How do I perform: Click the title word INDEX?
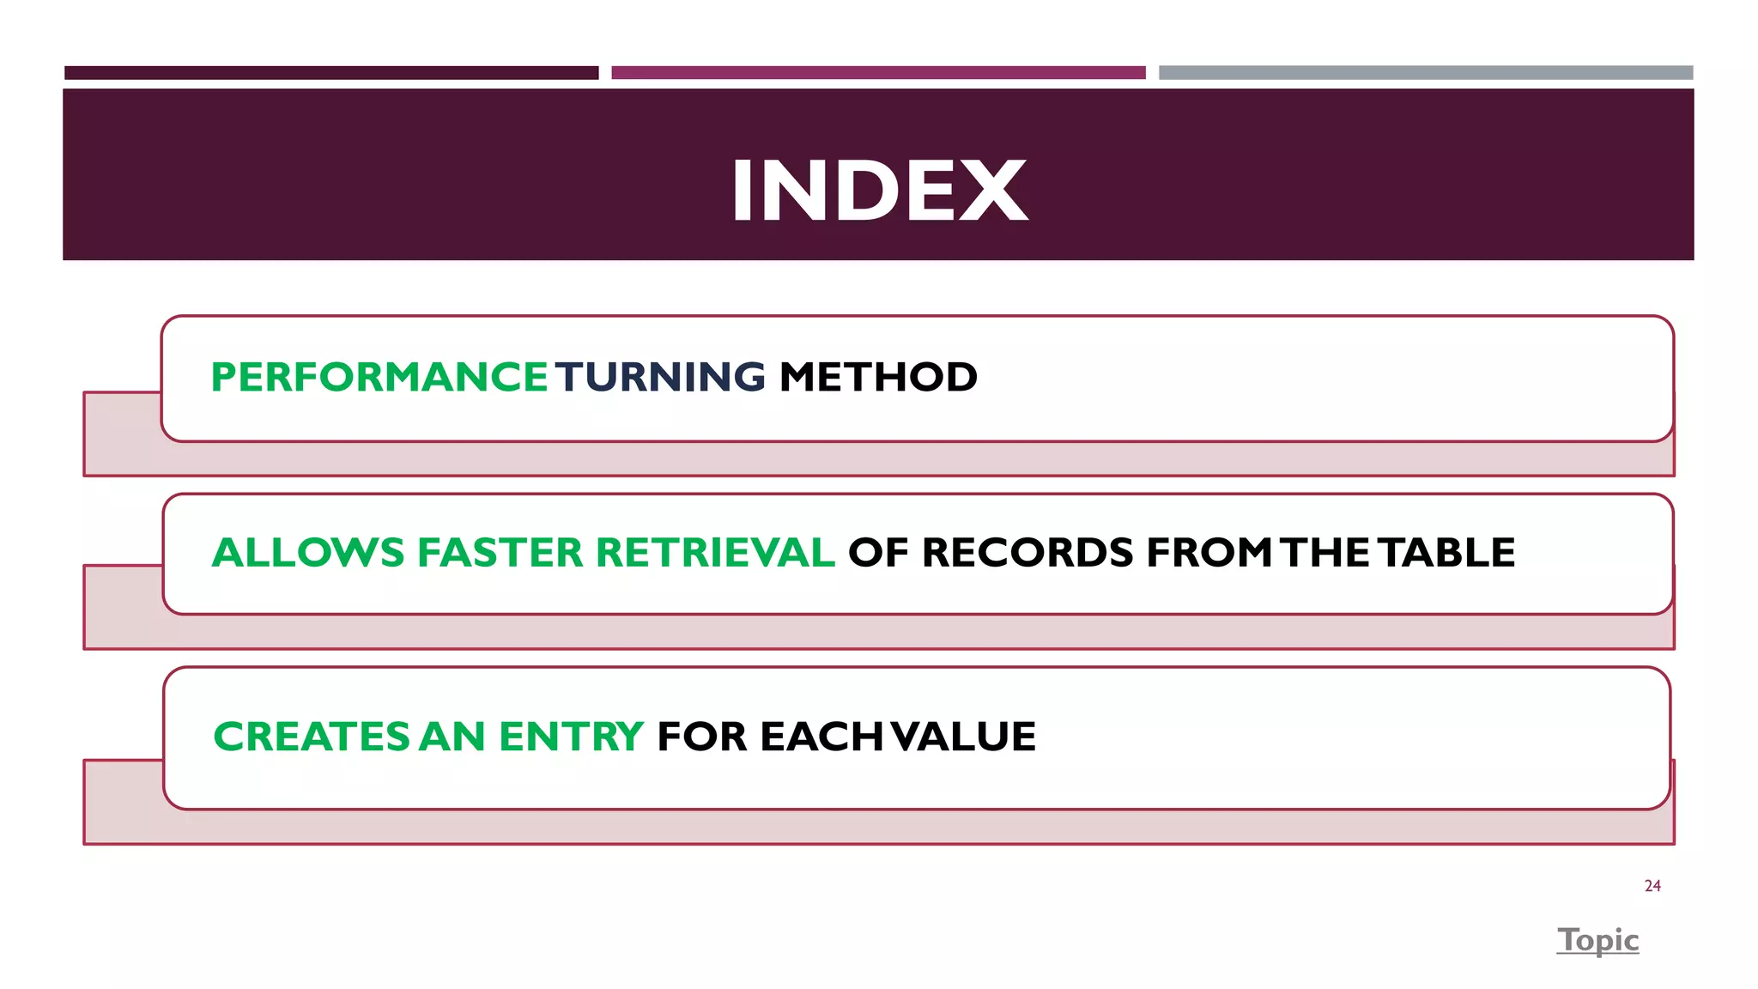(879, 191)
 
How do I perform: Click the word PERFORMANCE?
(379, 377)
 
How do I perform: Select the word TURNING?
(660, 377)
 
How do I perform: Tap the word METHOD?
(878, 377)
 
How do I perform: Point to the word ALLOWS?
(307, 552)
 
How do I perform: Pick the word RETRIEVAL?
(715, 552)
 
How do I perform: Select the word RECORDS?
(1027, 552)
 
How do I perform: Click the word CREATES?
(312, 737)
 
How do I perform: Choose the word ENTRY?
(571, 737)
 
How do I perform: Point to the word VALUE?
(963, 737)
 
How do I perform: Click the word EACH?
(821, 737)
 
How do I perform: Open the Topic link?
(1598, 940)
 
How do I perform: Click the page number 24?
(1652, 886)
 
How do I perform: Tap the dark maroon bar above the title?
(331, 73)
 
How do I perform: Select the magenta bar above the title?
(878, 73)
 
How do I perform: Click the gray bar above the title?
(1425, 73)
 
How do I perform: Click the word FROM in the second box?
(1209, 552)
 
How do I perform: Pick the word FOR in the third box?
(701, 737)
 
